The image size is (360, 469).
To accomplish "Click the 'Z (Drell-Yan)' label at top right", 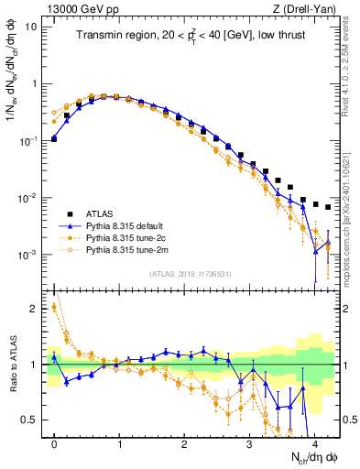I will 311,9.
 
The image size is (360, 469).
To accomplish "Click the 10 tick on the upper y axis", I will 32,27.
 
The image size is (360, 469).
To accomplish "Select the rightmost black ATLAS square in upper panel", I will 328,207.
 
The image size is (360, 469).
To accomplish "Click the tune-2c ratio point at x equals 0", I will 54,307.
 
